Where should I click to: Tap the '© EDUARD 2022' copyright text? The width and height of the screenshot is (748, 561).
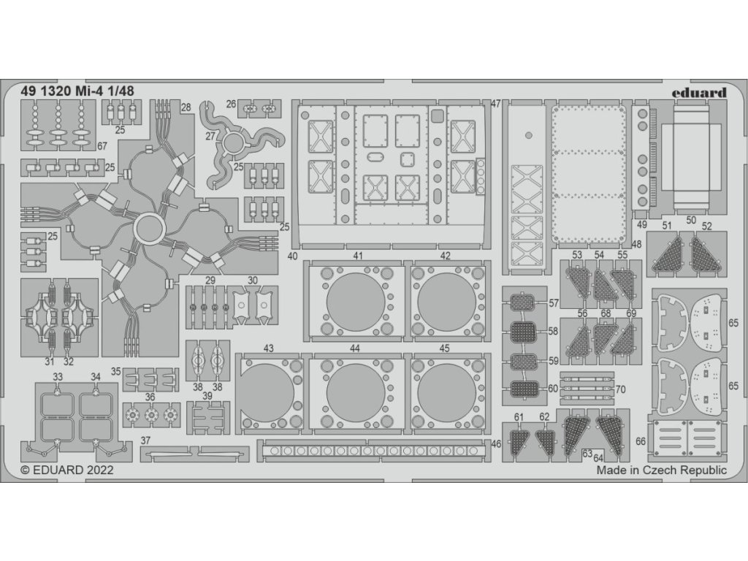67,471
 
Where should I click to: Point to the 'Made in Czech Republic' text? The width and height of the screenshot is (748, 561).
661,471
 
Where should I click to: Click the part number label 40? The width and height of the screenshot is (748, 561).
292,256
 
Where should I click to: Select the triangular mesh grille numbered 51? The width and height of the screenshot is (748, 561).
666,257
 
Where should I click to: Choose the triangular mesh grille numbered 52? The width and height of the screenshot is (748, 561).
706,257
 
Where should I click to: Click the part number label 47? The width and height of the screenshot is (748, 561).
496,104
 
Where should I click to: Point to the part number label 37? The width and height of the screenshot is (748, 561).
145,440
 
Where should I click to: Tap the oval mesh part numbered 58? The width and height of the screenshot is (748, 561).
522,332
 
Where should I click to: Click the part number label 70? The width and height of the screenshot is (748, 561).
621,389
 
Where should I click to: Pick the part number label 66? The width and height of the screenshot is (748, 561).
641,441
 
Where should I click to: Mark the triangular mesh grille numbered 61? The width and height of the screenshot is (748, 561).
520,441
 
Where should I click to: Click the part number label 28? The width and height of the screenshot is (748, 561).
186,107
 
